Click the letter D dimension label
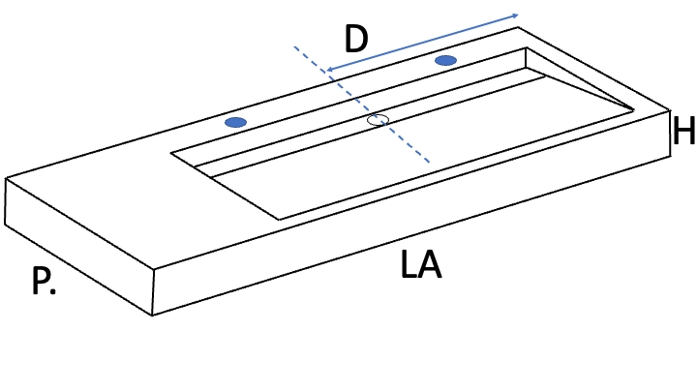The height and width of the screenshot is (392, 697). tap(356, 39)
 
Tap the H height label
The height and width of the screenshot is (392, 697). tap(683, 131)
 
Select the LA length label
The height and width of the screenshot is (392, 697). tap(420, 264)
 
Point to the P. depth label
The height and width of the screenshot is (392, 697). tap(44, 281)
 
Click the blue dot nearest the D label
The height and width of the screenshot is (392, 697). tap(446, 60)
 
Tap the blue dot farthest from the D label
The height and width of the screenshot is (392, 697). tap(235, 122)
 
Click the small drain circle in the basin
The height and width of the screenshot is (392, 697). tap(378, 120)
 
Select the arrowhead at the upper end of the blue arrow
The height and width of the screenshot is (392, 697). tap(516, 16)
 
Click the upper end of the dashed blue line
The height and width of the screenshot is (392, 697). tap(294, 46)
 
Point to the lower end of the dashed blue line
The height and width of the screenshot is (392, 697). tap(429, 163)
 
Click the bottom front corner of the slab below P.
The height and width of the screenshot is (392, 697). tap(153, 316)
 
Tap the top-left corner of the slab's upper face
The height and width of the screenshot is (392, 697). tap(6, 178)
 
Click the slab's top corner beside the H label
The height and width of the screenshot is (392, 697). tap(670, 110)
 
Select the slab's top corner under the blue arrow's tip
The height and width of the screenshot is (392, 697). tap(517, 27)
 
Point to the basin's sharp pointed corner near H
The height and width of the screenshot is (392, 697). tap(633, 108)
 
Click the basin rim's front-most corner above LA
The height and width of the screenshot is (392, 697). tap(279, 219)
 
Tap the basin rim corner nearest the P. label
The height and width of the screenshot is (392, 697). tap(171, 154)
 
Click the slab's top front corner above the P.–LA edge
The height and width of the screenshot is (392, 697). tap(154, 270)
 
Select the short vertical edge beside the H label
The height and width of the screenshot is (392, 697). tap(670, 134)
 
